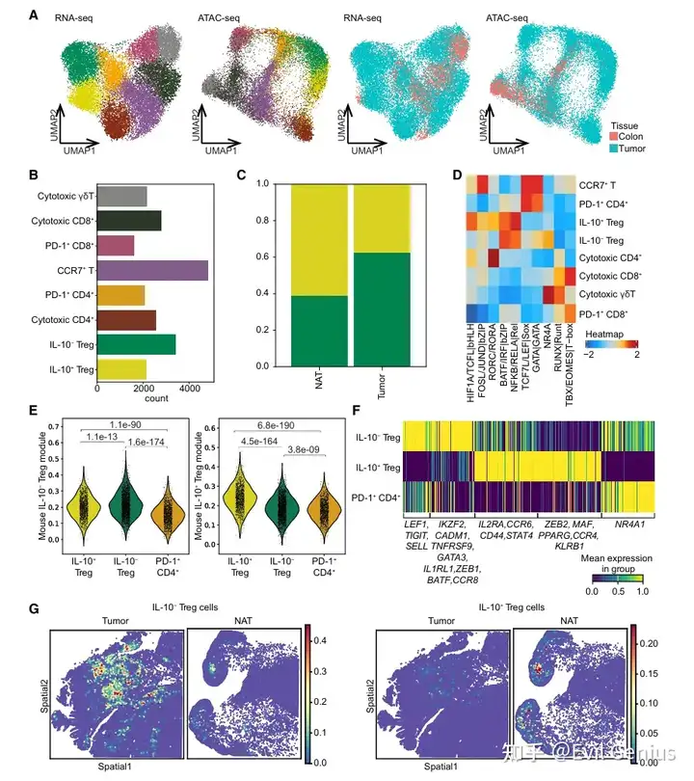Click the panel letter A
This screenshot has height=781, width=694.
35,16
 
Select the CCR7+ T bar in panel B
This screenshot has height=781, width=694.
152,270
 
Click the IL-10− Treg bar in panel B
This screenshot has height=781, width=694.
136,344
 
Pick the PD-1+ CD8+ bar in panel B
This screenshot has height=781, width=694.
116,245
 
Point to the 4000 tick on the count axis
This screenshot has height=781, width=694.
189,387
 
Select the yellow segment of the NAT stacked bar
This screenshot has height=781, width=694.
319,241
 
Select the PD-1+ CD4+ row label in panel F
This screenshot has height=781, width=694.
378,497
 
